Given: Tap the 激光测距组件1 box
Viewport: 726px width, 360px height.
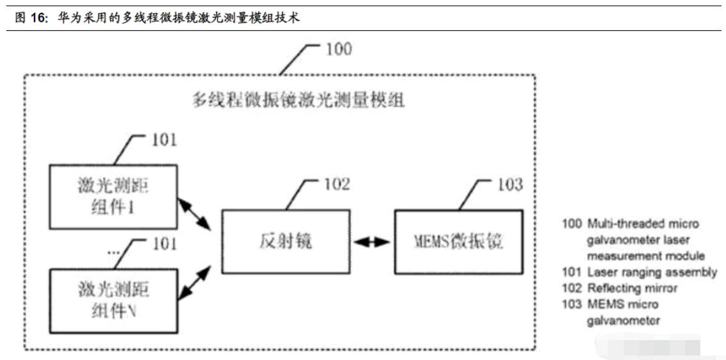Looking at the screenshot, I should [x=113, y=197].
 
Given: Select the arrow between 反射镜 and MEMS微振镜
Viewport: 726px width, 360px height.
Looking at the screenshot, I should [x=373, y=241].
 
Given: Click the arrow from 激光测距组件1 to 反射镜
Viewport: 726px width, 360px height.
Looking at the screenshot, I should [x=195, y=215].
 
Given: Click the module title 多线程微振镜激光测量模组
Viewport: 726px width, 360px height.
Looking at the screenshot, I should [x=298, y=100].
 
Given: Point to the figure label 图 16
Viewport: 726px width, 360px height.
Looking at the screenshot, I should [x=30, y=17].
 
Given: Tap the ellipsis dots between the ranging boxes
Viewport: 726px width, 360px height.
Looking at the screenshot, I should [x=113, y=253].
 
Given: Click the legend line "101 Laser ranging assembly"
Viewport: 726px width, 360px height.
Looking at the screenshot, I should [x=639, y=272].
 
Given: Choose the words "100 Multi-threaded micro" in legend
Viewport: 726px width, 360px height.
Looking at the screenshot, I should [x=630, y=224].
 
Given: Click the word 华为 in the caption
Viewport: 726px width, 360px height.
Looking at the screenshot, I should [x=67, y=17].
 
